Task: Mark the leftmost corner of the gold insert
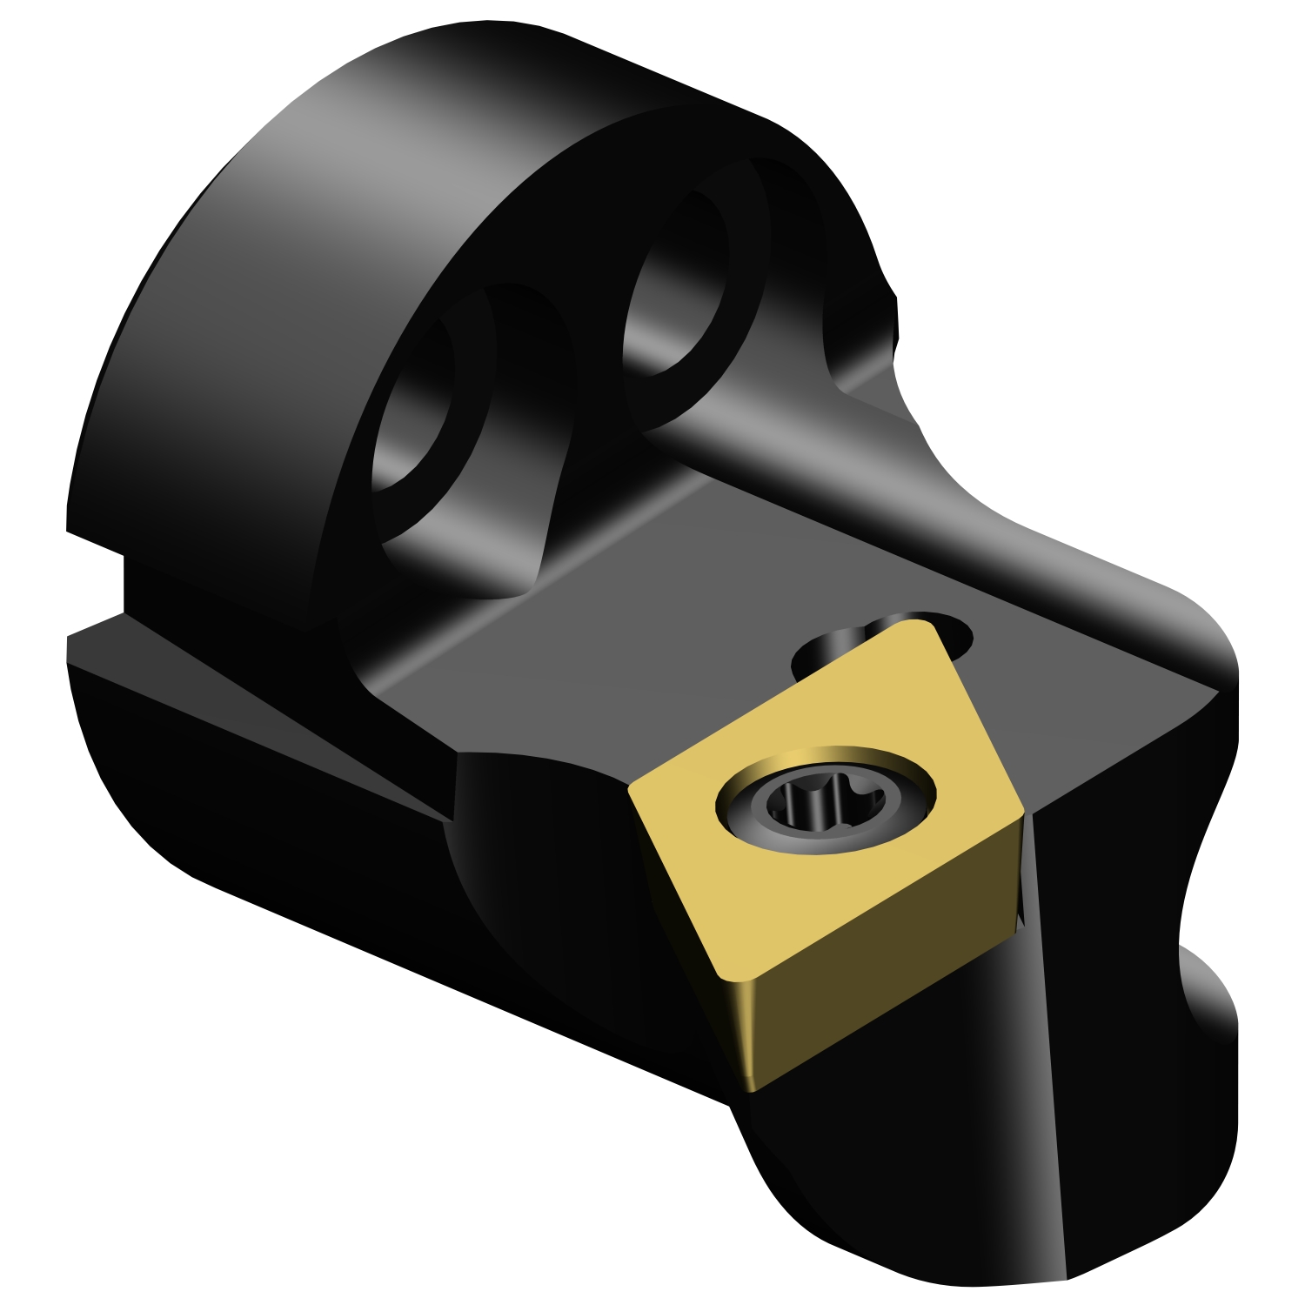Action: pos(630,788)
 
